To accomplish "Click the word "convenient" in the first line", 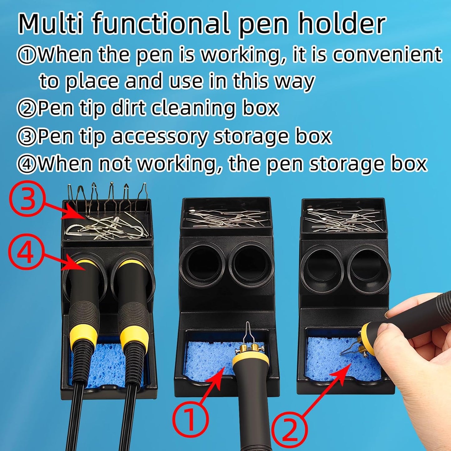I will point(387,55).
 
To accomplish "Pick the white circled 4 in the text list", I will point(27,164).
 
